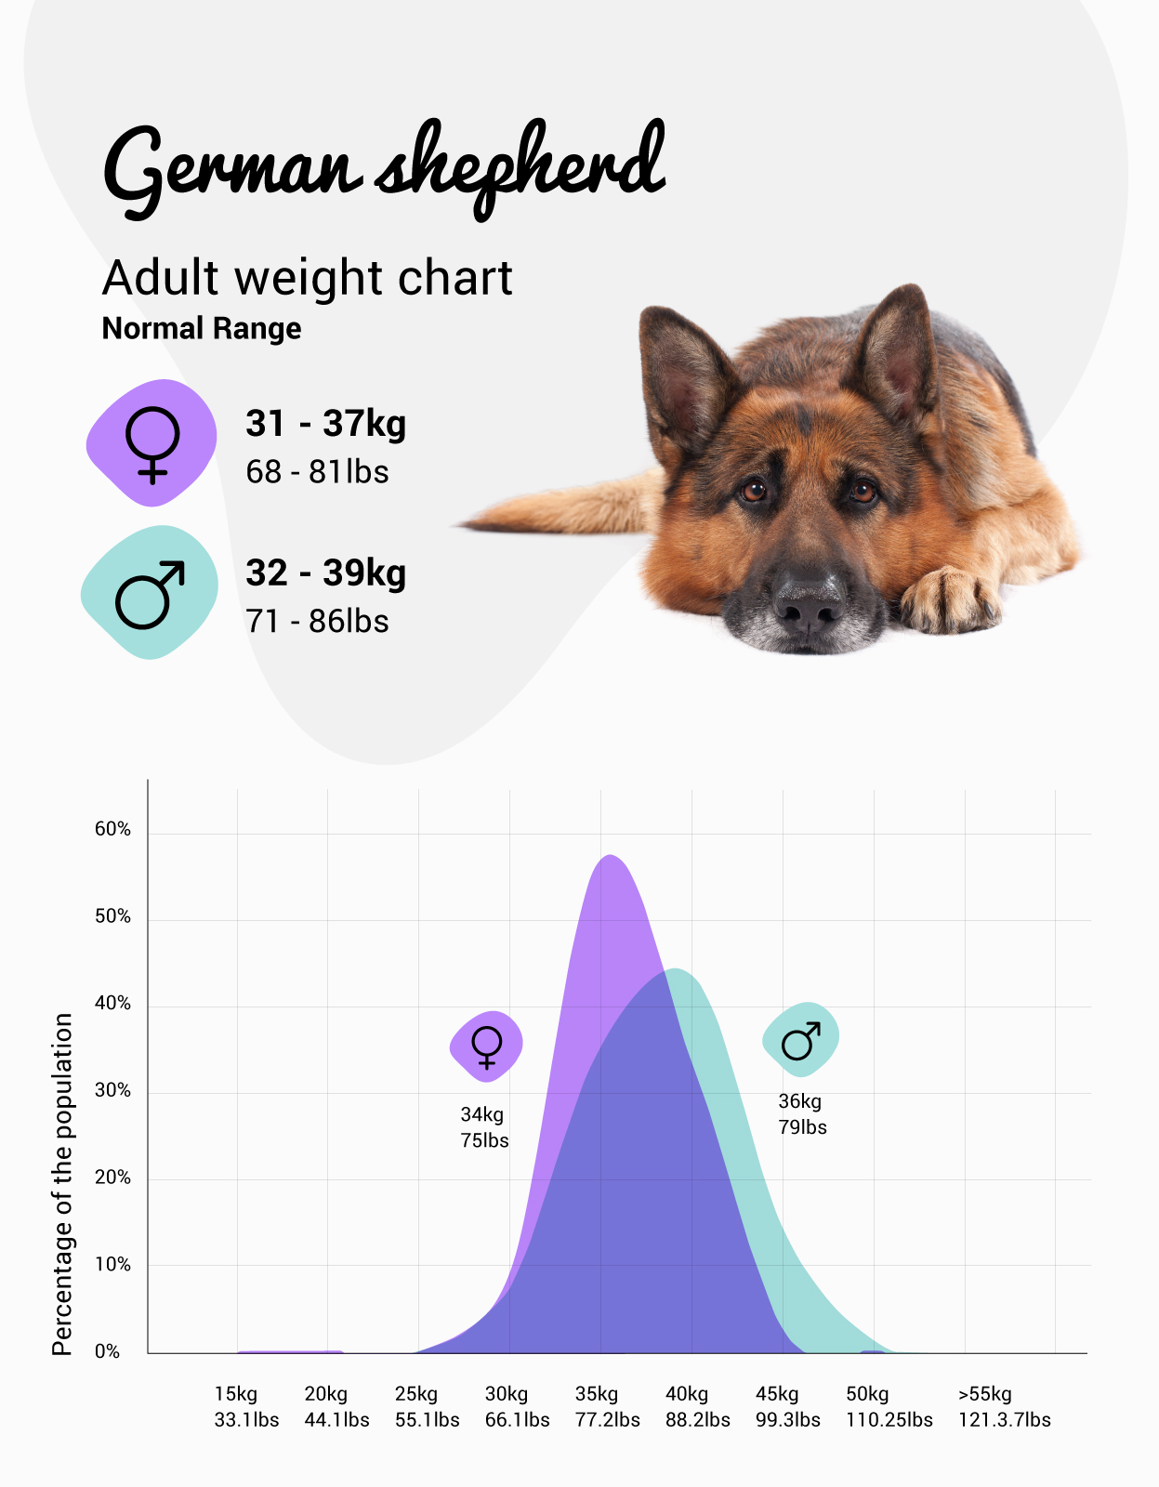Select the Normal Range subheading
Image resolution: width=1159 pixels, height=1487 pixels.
(x=202, y=329)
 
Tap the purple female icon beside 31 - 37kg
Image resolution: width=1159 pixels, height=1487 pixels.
(x=151, y=443)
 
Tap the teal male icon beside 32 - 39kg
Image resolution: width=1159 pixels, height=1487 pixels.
(x=150, y=593)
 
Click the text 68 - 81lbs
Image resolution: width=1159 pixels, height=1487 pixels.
(x=317, y=472)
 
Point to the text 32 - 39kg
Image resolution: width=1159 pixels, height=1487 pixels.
(x=325, y=572)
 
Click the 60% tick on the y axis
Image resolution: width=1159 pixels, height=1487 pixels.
(x=112, y=829)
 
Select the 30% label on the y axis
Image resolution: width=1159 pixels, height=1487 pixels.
(x=112, y=1090)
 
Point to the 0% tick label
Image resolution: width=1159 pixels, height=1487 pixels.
(x=107, y=1351)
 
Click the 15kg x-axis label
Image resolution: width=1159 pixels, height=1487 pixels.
(x=236, y=1394)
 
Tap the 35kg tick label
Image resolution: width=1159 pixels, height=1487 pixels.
(x=597, y=1394)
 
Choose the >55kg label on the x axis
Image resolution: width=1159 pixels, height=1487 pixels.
(x=985, y=1394)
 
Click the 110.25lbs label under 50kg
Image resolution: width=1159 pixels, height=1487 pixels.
(x=889, y=1420)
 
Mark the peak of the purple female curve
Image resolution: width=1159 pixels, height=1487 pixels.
(x=609, y=856)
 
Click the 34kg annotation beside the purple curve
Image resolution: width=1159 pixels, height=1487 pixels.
(x=482, y=1114)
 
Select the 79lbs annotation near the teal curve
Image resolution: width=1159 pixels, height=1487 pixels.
(x=802, y=1127)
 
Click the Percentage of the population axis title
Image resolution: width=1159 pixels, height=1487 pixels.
(x=62, y=1184)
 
